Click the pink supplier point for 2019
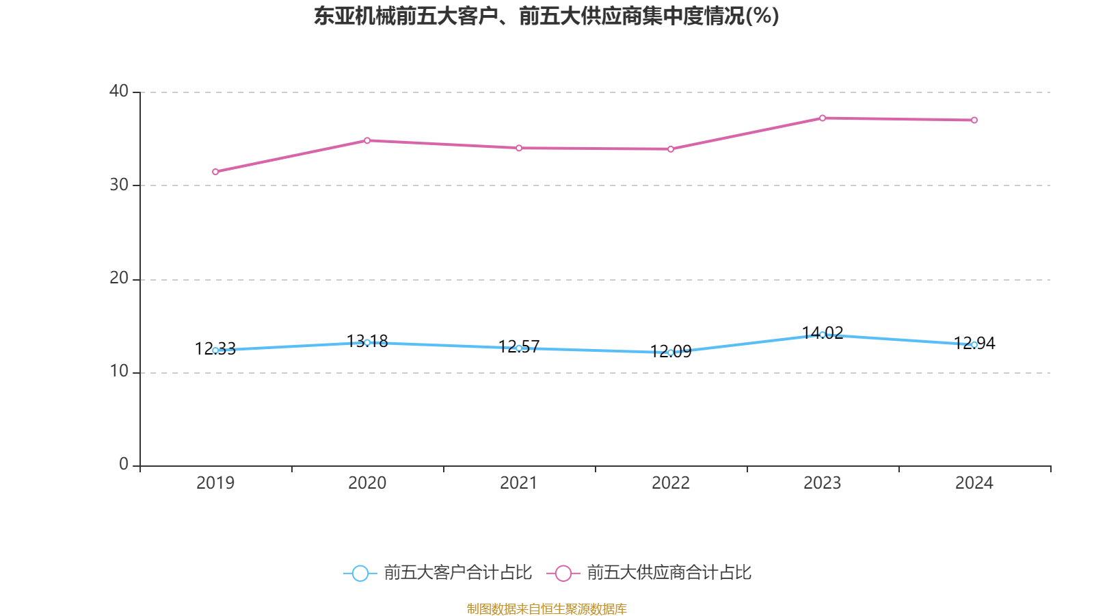[x=215, y=172]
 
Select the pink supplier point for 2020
[x=367, y=140]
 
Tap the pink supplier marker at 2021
[x=519, y=148]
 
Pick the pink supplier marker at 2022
[x=671, y=149]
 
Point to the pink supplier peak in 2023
[x=823, y=118]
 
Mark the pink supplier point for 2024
[x=974, y=120]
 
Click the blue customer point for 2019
[x=215, y=350]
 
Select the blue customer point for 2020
[x=367, y=342]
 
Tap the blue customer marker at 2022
[x=671, y=352]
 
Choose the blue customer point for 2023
[x=823, y=335]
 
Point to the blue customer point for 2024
[x=974, y=345]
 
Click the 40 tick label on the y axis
[x=119, y=91]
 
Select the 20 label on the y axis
[x=119, y=278]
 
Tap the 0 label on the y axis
[x=124, y=464]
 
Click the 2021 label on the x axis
[x=519, y=483]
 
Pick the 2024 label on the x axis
[x=974, y=483]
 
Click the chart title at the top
[x=546, y=16]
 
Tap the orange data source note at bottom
[x=546, y=608]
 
